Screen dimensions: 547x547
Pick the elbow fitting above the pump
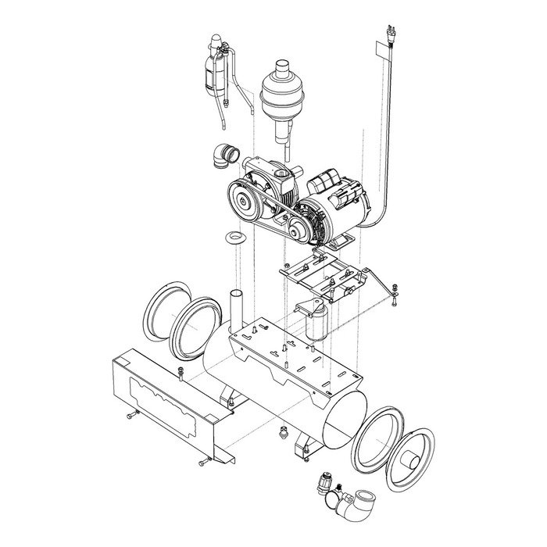click(x=225, y=154)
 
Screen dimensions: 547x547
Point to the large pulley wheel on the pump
click(x=245, y=201)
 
